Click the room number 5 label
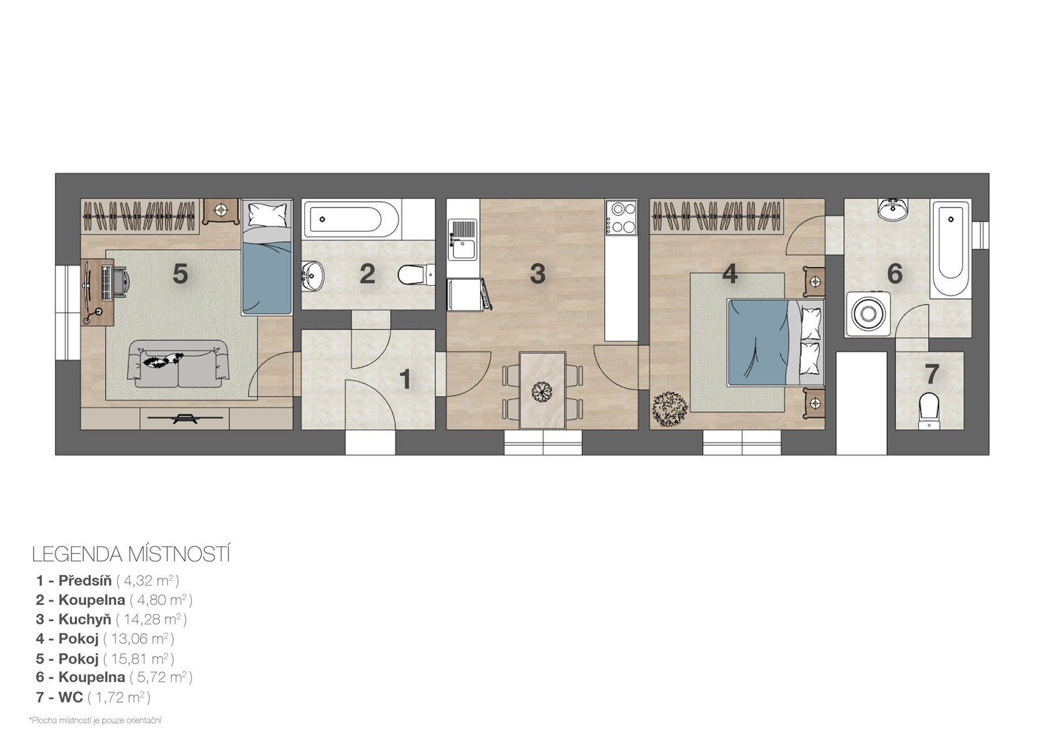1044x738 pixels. (x=180, y=273)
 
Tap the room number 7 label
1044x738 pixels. (x=931, y=374)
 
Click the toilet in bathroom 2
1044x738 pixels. (x=416, y=275)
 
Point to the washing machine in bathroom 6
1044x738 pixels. (x=868, y=314)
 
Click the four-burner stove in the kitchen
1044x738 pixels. (x=622, y=217)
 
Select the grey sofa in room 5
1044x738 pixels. (x=177, y=363)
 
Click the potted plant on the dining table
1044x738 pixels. (x=542, y=391)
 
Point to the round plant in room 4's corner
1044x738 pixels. (x=669, y=409)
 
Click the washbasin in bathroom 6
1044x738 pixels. (x=893, y=209)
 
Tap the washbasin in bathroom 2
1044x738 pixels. (x=313, y=275)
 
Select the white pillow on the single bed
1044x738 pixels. (x=267, y=215)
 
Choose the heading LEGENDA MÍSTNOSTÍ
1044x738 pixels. (x=131, y=555)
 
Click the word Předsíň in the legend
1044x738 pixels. (x=85, y=581)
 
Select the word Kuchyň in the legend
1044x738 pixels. (x=85, y=619)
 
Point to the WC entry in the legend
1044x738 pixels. (x=93, y=697)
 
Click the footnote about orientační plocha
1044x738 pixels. (x=95, y=720)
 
